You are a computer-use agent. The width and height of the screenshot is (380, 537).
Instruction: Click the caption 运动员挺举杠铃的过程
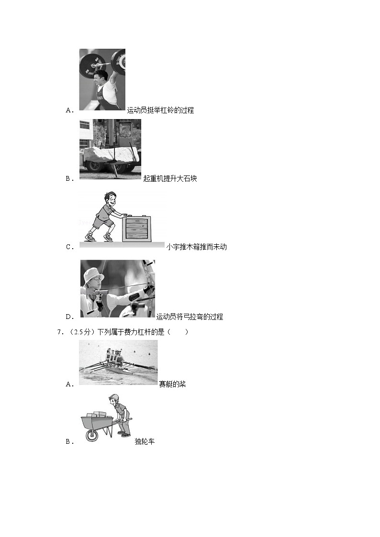(160, 110)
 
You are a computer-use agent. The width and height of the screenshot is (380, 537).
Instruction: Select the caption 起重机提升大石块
(170, 178)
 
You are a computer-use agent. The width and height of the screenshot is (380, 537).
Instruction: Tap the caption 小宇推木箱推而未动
(196, 247)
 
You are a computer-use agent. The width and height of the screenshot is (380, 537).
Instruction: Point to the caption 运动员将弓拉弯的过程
(190, 317)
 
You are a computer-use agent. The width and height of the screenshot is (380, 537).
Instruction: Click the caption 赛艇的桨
(172, 384)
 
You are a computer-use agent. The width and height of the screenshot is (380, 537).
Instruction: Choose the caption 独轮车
(145, 441)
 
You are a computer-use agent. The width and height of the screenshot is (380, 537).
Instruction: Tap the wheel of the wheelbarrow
(91, 435)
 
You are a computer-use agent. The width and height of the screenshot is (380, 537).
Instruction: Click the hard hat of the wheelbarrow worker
(113, 397)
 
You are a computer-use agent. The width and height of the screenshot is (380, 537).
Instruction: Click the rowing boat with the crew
(118, 370)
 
